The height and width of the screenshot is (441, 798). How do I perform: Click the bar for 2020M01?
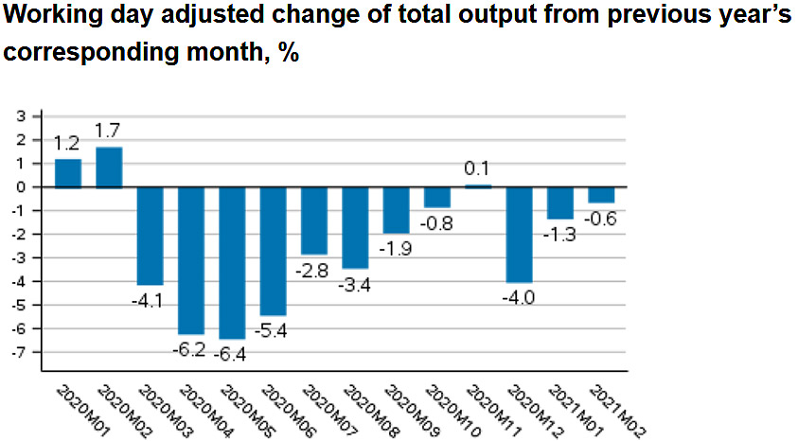tap(68, 173)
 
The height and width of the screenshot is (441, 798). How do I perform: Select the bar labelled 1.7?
tap(109, 168)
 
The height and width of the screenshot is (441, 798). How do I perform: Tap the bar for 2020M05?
tap(232, 262)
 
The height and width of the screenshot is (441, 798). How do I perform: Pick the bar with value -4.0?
tap(520, 234)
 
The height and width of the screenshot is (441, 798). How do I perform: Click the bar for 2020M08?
tap(355, 227)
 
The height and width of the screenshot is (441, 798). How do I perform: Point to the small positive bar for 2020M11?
tap(478, 185)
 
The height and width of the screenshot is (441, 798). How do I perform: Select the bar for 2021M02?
tap(601, 195)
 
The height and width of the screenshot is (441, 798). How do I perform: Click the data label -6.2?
tap(191, 349)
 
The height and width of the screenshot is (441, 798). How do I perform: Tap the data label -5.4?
tap(274, 331)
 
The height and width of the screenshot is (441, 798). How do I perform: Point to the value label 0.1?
tap(478, 169)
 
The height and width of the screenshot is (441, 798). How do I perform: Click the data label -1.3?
tap(560, 235)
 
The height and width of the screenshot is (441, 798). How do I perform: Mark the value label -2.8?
tap(314, 271)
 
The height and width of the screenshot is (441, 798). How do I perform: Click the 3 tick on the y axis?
tap(21, 116)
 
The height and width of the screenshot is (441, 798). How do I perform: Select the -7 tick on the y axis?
tap(18, 352)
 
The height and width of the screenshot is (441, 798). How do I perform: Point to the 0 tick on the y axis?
tap(21, 187)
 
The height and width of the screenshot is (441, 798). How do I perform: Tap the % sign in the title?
tap(289, 52)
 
